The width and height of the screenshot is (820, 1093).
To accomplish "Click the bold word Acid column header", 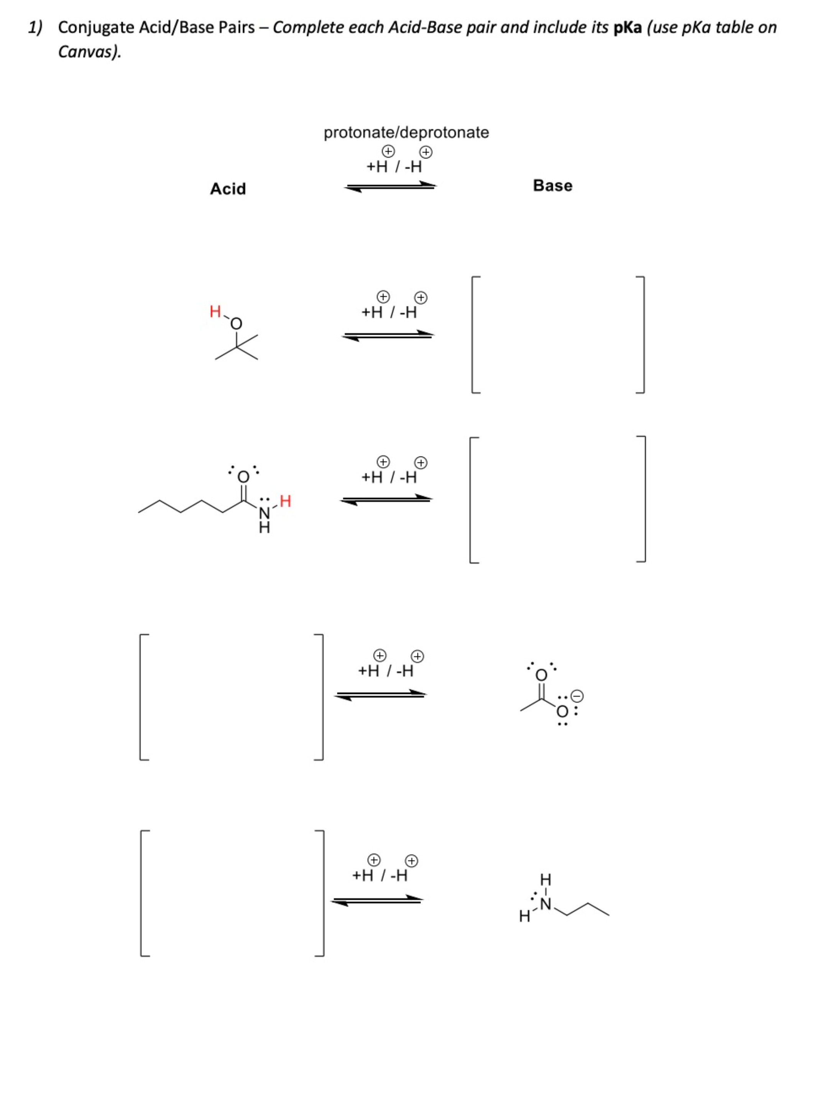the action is pos(228,189).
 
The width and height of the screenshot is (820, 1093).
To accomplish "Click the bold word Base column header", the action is pos(552,186).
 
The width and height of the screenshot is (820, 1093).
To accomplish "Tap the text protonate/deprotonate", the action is pos(406,132).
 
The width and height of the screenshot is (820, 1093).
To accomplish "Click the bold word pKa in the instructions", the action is pos(627,28).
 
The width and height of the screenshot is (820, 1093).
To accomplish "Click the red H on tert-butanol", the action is pos(215,312).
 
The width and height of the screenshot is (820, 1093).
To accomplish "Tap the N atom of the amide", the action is pos(265,513).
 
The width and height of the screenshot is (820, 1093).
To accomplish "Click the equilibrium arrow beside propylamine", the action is pos(377,900).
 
